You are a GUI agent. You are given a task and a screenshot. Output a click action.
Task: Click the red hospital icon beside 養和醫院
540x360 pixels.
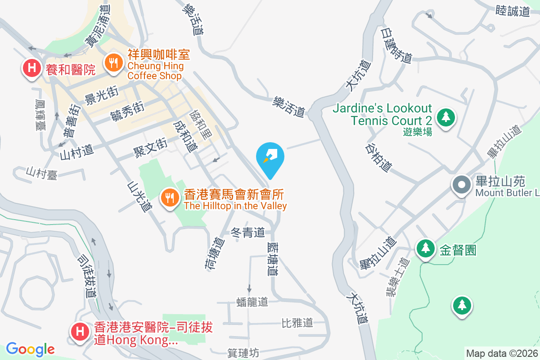[x=31, y=69]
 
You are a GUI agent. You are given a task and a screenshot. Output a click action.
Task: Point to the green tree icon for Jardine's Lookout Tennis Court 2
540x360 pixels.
[x=445, y=117]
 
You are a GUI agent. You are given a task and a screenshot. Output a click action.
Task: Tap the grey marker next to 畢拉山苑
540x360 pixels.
[x=461, y=185]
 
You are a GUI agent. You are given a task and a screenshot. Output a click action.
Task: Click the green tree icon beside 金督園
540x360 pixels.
[x=425, y=248]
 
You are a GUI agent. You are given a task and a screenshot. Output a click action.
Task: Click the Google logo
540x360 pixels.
[x=30, y=349]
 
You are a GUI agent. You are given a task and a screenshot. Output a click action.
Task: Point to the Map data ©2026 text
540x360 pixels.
[x=501, y=353]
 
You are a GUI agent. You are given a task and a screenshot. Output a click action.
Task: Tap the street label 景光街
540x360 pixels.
[x=101, y=94]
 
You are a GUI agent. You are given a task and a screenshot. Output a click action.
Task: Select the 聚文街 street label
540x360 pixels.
[x=150, y=148]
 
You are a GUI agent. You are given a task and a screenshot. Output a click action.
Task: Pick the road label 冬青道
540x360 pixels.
[x=247, y=233]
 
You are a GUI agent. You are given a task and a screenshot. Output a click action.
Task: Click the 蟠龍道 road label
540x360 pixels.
[x=252, y=302]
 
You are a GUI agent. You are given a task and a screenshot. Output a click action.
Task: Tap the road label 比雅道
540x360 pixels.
[x=297, y=323]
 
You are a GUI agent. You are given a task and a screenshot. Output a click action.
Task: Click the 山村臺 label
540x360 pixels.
[x=41, y=173]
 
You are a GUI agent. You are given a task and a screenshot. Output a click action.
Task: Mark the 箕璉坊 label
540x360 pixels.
[x=243, y=353]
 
